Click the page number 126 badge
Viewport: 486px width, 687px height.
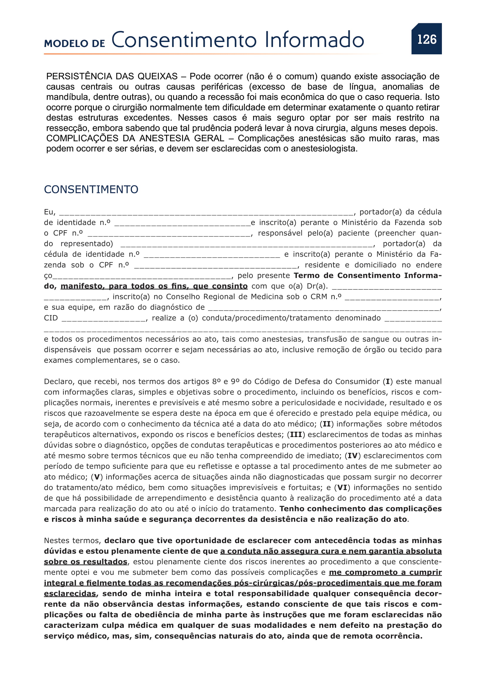point(426,39)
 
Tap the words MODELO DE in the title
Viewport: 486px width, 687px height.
point(75,44)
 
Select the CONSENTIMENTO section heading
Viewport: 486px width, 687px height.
point(91,189)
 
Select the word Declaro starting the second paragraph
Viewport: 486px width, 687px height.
point(59,382)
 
